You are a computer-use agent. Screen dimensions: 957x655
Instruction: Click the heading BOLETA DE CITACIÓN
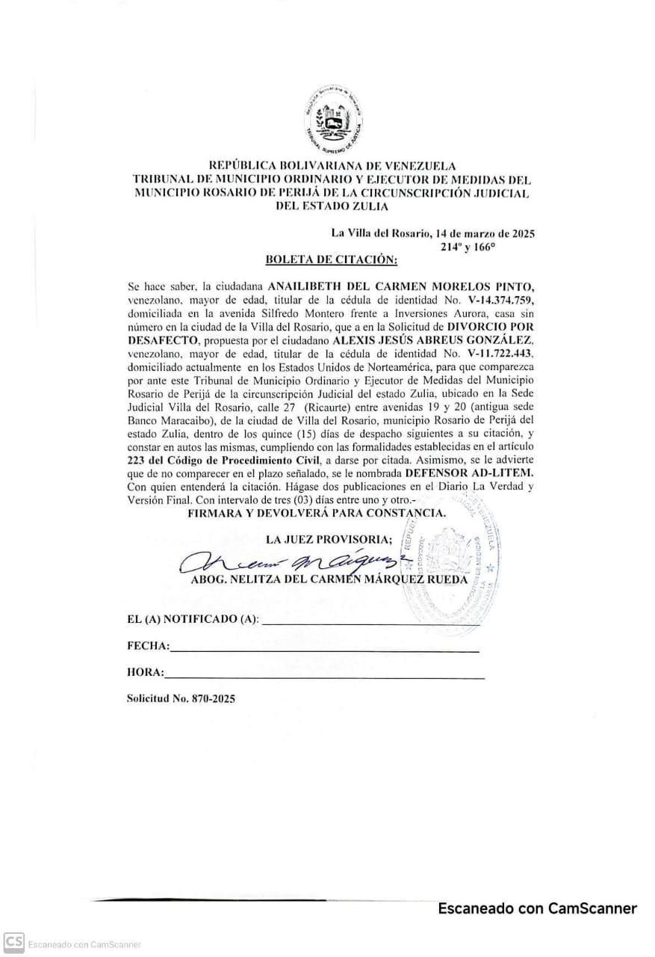point(332,259)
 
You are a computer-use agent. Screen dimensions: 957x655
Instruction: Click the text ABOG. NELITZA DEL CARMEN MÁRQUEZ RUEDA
point(329,579)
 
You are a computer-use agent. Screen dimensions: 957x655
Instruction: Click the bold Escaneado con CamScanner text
point(537,908)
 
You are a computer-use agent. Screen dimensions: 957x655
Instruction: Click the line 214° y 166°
point(468,246)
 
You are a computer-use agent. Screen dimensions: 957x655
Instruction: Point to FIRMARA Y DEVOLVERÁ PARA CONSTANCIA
point(317,513)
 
